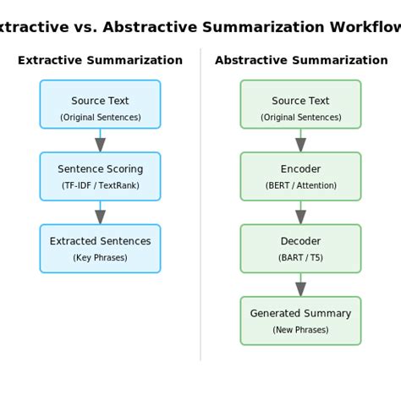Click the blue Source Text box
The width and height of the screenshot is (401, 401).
pos(100,104)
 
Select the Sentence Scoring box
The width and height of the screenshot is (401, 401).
pos(100,176)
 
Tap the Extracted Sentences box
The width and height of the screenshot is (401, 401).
pos(100,248)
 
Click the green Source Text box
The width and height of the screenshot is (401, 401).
pos(300,104)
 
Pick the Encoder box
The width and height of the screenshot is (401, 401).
pos(300,176)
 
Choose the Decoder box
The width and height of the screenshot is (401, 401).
pos(300,248)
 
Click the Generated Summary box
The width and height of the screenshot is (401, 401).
pos(300,321)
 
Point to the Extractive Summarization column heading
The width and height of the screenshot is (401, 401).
pos(100,60)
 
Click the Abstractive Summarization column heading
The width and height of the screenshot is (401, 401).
pos(301,60)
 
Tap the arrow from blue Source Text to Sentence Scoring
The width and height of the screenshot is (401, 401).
pos(100,141)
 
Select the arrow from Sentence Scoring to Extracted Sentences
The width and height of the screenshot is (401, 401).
pos(100,213)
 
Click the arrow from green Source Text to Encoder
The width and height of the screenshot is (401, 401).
pos(300,141)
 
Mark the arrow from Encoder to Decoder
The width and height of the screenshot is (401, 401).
pos(300,213)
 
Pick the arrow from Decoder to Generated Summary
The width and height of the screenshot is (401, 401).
pos(300,285)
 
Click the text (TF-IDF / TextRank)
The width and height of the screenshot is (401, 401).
pos(100,185)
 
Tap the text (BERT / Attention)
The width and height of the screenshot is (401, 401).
pos(300,185)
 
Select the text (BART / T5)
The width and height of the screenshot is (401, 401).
pos(300,257)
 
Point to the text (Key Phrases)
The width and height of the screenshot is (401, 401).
pos(100,257)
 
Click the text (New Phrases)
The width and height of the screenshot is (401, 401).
pos(300,330)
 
